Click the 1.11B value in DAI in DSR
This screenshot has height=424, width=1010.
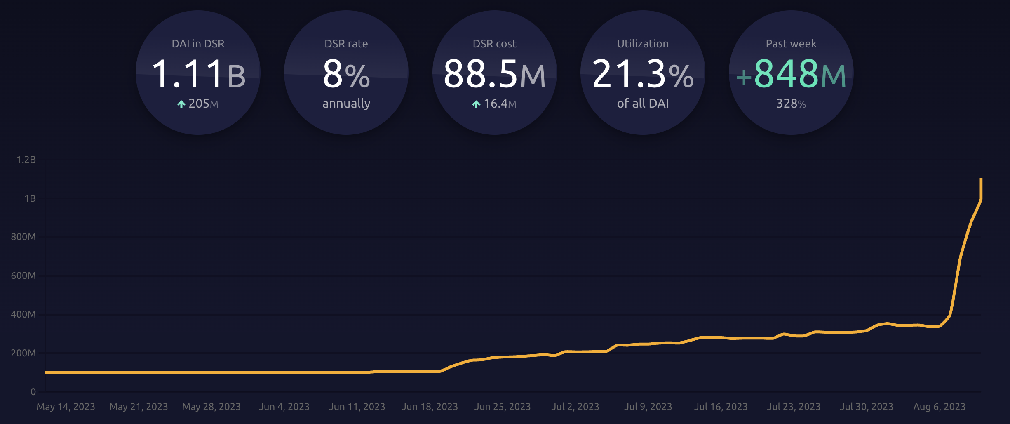[198, 74]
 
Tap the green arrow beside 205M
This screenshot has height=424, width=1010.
[181, 104]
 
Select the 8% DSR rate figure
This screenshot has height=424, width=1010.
[346, 74]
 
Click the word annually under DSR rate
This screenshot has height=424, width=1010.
[346, 103]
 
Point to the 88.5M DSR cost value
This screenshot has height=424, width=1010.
[494, 74]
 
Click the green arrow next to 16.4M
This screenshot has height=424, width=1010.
[476, 104]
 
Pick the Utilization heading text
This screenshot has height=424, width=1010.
[643, 44]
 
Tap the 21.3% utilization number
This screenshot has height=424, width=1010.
[643, 74]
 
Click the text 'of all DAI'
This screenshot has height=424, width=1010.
[643, 103]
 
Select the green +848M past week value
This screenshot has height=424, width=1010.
[791, 74]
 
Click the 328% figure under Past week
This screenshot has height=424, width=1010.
[791, 104]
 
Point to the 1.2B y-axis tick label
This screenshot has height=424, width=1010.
[26, 160]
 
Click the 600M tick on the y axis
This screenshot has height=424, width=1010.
[23, 276]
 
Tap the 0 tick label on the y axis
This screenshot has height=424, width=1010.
[33, 392]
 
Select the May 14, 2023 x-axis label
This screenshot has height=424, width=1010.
[66, 407]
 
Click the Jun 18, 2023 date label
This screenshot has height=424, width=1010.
[430, 407]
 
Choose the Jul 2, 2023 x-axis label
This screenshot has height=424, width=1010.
[575, 407]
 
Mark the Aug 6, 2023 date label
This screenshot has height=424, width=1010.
[939, 407]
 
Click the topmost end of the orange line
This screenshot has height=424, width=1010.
[981, 179]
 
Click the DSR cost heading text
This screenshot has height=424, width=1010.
[494, 44]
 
